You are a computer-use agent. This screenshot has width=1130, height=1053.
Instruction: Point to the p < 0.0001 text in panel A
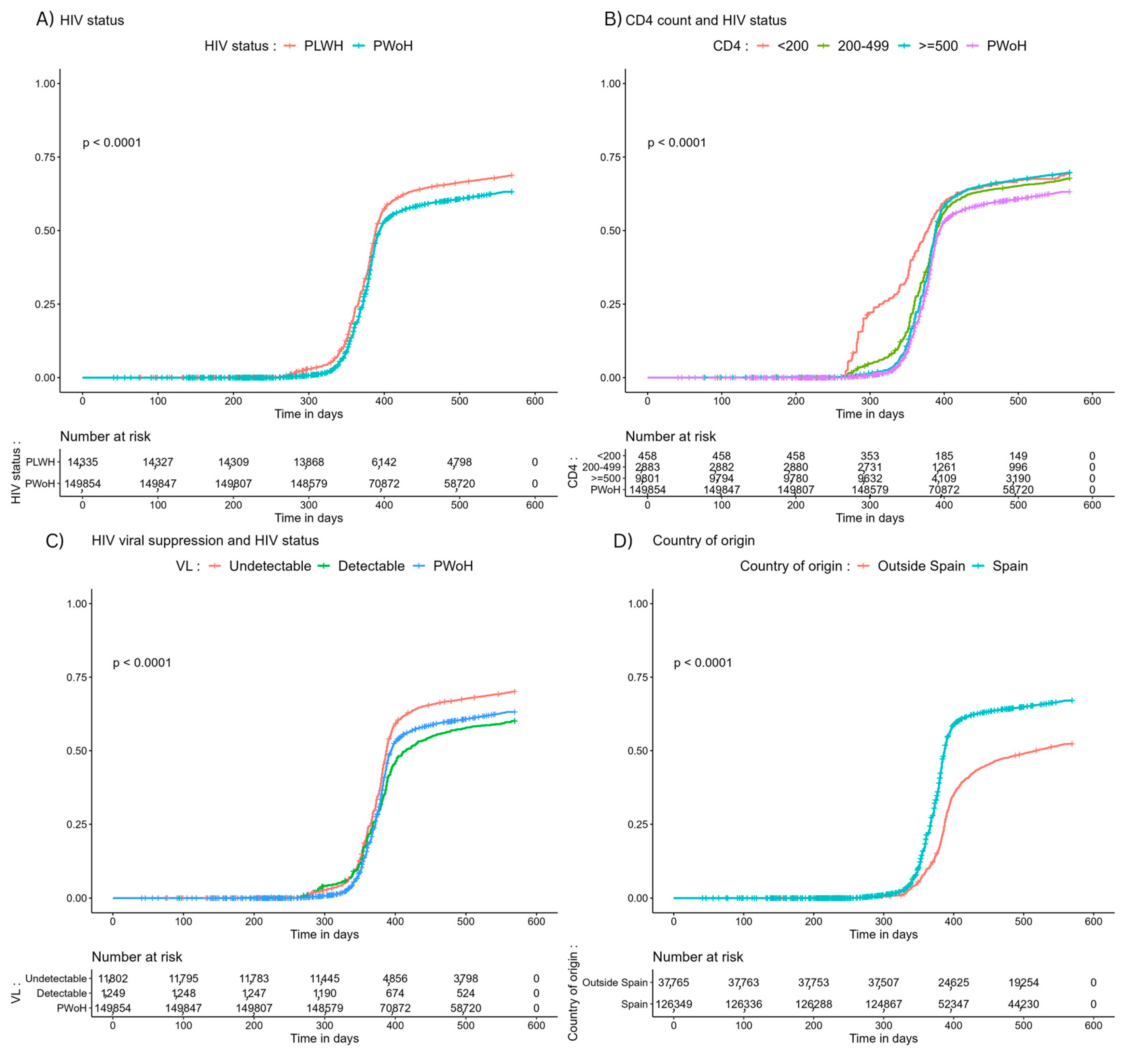point(112,143)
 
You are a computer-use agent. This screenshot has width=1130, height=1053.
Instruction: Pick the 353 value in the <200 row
point(869,456)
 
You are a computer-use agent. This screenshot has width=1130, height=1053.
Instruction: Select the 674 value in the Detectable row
point(395,993)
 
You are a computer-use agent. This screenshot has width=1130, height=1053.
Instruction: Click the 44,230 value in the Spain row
point(1023,1004)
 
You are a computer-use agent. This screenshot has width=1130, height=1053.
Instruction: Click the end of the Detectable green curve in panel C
point(514,720)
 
